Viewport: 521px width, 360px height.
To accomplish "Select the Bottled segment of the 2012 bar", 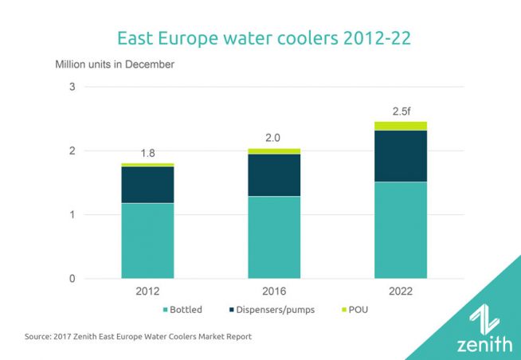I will pyautogui.click(x=147, y=241).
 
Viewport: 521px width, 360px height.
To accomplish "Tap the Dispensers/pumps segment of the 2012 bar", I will pyautogui.click(x=147, y=184).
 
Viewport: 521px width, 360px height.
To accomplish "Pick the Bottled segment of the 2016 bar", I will pyautogui.click(x=274, y=237).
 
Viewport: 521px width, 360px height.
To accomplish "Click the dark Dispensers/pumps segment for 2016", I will pyautogui.click(x=274, y=174).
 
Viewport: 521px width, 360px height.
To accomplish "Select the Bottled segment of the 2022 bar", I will pyautogui.click(x=401, y=229).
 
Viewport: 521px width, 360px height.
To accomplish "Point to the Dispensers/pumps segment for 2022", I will pyautogui.click(x=401, y=155).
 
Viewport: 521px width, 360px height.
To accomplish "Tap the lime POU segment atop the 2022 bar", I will pyautogui.click(x=401, y=126).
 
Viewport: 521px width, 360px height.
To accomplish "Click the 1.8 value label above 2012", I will pyautogui.click(x=147, y=153).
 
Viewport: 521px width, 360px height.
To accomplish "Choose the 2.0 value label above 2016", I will pyautogui.click(x=274, y=137).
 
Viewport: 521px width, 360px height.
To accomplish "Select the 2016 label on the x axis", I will pyautogui.click(x=274, y=292).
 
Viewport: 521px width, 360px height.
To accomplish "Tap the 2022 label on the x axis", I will pyautogui.click(x=401, y=292).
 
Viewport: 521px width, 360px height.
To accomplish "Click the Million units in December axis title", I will pyautogui.click(x=113, y=64).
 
